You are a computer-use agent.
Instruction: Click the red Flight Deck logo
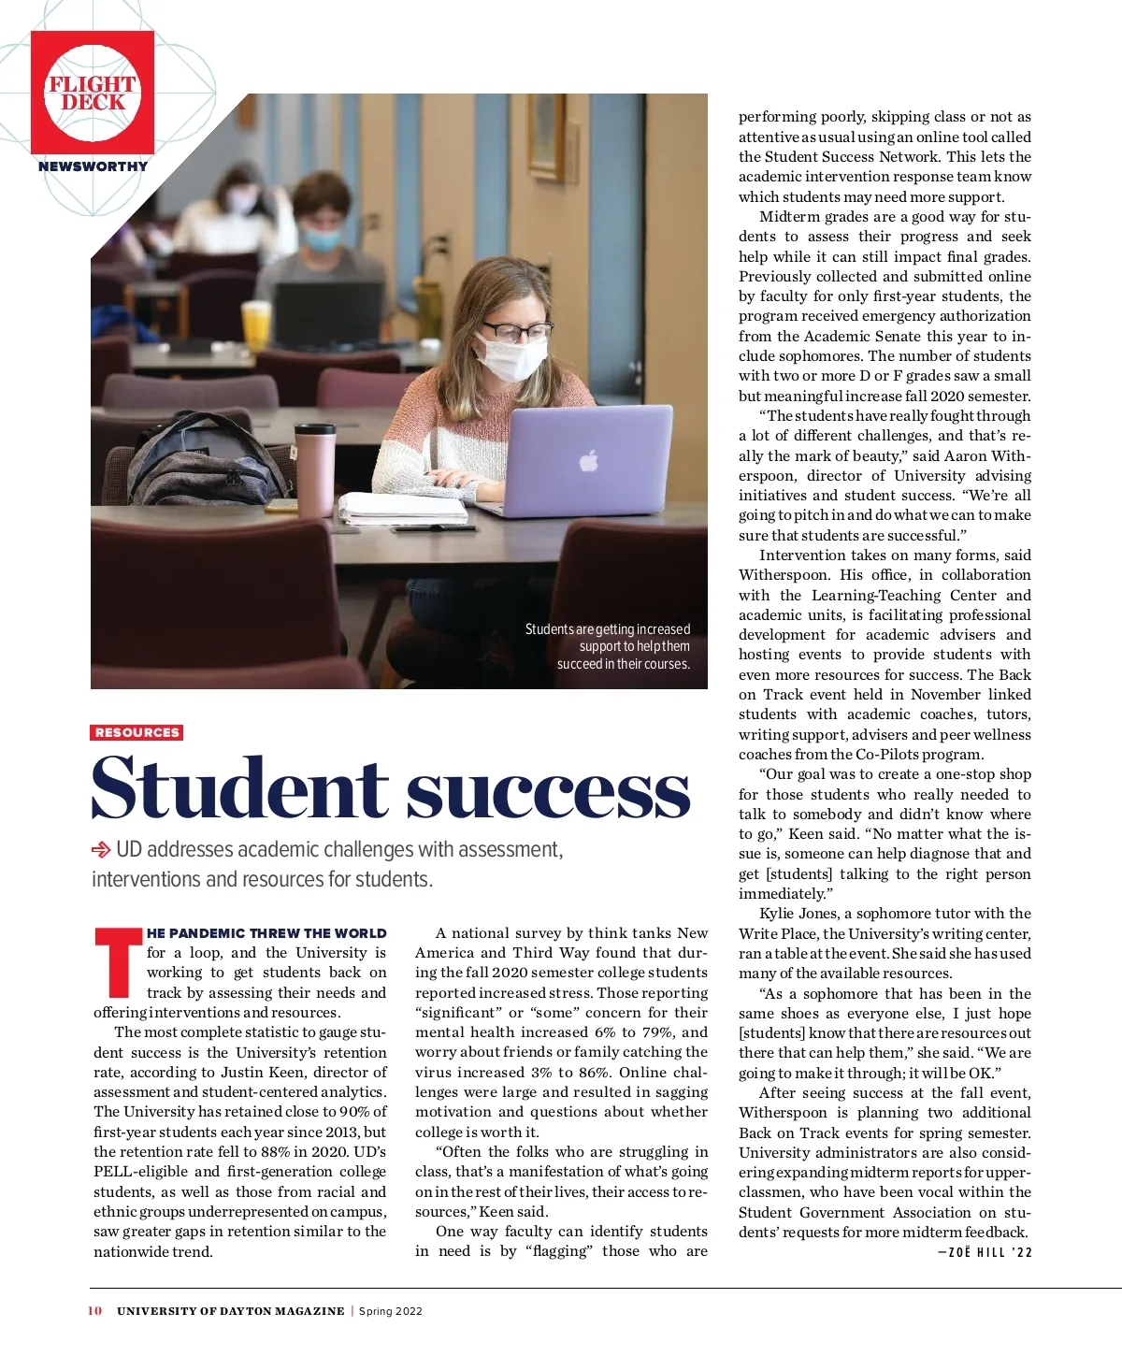click(x=93, y=93)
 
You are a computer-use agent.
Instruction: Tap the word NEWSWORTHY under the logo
click(x=93, y=166)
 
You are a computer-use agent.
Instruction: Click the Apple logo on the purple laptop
click(x=588, y=460)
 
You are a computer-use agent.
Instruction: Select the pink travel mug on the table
click(x=315, y=468)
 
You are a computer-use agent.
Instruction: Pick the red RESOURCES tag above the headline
click(x=137, y=732)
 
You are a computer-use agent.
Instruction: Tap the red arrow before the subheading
click(x=100, y=850)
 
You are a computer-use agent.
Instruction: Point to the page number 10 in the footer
click(x=94, y=1311)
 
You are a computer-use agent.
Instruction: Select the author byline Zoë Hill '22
click(x=985, y=1253)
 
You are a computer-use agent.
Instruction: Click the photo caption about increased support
click(x=608, y=646)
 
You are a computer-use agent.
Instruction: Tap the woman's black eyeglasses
click(x=516, y=331)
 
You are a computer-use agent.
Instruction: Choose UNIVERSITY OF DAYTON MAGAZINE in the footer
click(x=230, y=1311)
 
